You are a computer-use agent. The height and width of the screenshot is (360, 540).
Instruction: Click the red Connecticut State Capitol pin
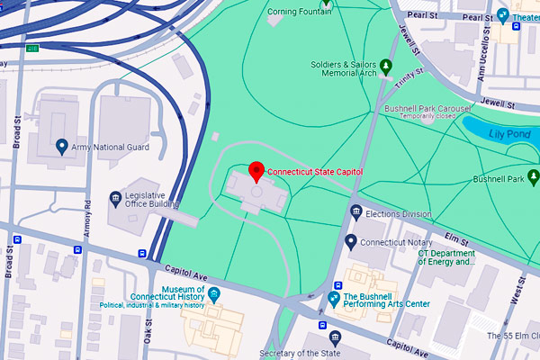point(256,170)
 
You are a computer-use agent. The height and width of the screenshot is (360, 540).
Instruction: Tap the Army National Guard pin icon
point(61,146)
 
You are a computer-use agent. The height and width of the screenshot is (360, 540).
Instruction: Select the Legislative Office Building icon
point(115,198)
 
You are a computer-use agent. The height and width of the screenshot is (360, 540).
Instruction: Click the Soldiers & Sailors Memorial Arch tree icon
point(385,65)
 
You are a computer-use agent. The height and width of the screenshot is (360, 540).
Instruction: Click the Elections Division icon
point(356,213)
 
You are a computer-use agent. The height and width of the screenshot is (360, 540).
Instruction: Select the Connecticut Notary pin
point(351,241)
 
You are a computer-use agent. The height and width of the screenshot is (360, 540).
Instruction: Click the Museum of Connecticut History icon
point(213,293)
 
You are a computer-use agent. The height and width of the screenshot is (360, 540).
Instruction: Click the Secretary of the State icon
point(335,338)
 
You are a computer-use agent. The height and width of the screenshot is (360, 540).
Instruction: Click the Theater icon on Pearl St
point(503,15)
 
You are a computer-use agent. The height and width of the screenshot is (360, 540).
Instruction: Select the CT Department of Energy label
point(445,257)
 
